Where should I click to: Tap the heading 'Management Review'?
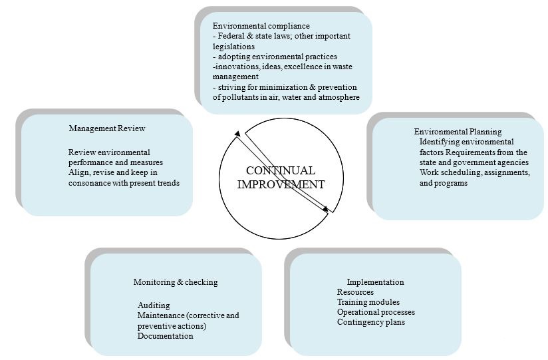pos(106,128)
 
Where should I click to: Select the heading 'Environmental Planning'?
pos(458,132)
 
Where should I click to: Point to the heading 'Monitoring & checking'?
pos(175,282)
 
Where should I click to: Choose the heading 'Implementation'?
pos(375,282)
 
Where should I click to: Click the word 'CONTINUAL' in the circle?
pos(281,171)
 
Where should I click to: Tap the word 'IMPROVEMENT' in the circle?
pos(281,184)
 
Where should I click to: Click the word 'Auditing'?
pos(154,305)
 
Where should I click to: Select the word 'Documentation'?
pos(166,336)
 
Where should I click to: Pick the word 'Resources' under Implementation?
pos(355,292)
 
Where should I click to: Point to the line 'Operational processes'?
pos(376,312)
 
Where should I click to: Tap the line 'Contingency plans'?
pos(370,322)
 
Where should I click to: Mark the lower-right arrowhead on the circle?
pos(325,210)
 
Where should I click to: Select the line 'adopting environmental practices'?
pos(275,57)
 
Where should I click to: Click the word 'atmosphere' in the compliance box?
pos(338,97)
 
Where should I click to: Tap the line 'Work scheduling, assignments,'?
pos(474,172)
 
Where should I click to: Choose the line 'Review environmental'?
pos(109,152)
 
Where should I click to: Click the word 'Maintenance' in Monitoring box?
pos(160,315)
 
